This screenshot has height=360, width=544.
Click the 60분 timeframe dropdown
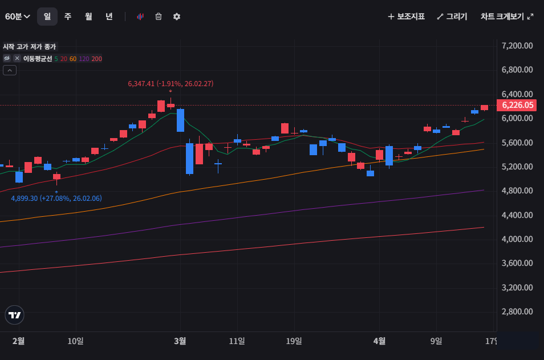(x=18, y=17)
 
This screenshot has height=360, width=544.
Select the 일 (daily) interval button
(x=47, y=17)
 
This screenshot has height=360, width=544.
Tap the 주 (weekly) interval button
(x=68, y=17)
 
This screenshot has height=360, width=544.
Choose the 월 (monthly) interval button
(x=88, y=17)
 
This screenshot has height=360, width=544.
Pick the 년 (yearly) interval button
(x=109, y=17)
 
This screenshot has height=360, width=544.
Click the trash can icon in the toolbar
(x=159, y=17)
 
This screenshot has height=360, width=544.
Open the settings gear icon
(x=177, y=17)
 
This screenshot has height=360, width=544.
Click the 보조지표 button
(x=406, y=17)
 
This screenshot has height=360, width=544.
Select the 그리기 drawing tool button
(x=452, y=17)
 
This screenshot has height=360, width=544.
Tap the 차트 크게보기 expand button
(x=507, y=17)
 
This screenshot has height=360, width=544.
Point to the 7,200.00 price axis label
(x=517, y=46)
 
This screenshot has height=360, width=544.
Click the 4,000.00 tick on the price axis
(x=517, y=239)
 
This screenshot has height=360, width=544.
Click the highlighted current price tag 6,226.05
(x=517, y=105)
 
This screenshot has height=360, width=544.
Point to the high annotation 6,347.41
(x=170, y=84)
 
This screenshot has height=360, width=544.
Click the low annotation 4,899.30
(x=56, y=199)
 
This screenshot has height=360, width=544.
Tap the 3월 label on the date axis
(x=180, y=341)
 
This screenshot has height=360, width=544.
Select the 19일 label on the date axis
(x=294, y=341)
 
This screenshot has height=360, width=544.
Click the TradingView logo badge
(x=14, y=315)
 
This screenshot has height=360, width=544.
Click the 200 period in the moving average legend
(x=97, y=58)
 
